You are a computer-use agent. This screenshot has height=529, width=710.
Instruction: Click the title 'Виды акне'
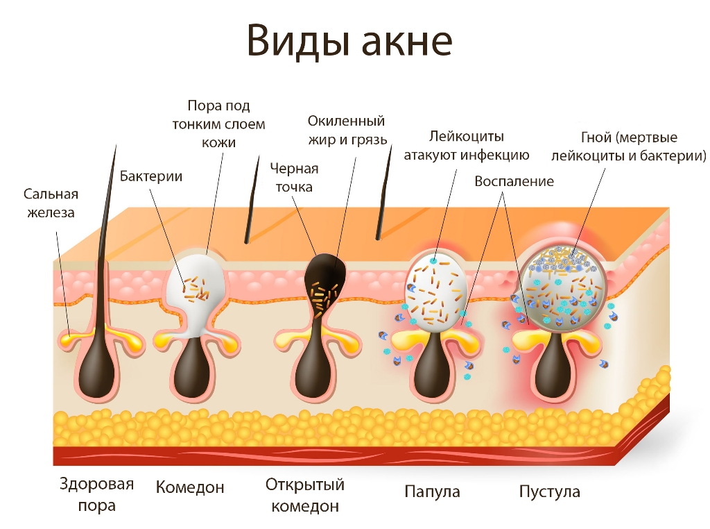tap(349, 41)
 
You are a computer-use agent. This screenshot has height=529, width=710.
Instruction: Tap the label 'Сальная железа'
tap(51, 203)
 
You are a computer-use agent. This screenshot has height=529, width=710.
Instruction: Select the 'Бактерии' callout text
tap(150, 176)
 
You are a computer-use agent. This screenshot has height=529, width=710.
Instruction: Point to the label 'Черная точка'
tap(294, 178)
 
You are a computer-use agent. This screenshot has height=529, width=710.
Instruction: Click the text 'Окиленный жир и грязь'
tap(347, 131)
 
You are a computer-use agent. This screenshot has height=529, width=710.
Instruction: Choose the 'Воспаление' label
tap(514, 181)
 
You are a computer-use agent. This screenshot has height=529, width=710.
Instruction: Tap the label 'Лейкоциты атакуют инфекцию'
tap(467, 146)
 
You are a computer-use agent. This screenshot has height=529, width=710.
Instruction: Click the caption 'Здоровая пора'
tap(96, 494)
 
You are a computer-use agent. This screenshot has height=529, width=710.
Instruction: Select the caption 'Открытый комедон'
tap(305, 495)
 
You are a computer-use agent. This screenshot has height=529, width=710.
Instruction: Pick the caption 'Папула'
tap(432, 492)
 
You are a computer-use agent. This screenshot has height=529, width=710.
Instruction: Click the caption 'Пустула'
tap(549, 492)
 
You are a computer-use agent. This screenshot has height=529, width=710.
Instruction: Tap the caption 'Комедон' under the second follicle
tap(190, 487)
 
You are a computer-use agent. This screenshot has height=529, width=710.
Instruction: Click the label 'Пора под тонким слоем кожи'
tap(218, 124)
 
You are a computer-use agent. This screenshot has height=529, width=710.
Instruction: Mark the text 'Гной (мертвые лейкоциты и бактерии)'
tap(628, 146)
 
